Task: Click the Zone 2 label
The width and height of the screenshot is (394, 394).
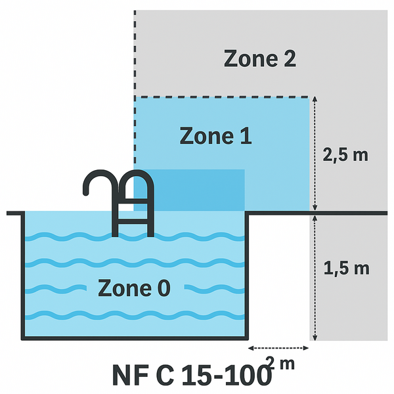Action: pyautogui.click(x=260, y=58)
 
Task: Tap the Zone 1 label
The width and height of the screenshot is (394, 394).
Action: pyautogui.click(x=215, y=136)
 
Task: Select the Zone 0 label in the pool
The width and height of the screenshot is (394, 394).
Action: pyautogui.click(x=134, y=288)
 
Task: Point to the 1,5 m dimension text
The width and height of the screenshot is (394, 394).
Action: pyautogui.click(x=346, y=268)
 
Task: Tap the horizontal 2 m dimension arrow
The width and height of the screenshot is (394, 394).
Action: pyautogui.click(x=275, y=348)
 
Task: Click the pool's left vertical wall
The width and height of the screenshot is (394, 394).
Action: pyautogui.click(x=23, y=276)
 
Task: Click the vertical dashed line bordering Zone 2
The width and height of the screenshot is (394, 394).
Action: pyautogui.click(x=135, y=53)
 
